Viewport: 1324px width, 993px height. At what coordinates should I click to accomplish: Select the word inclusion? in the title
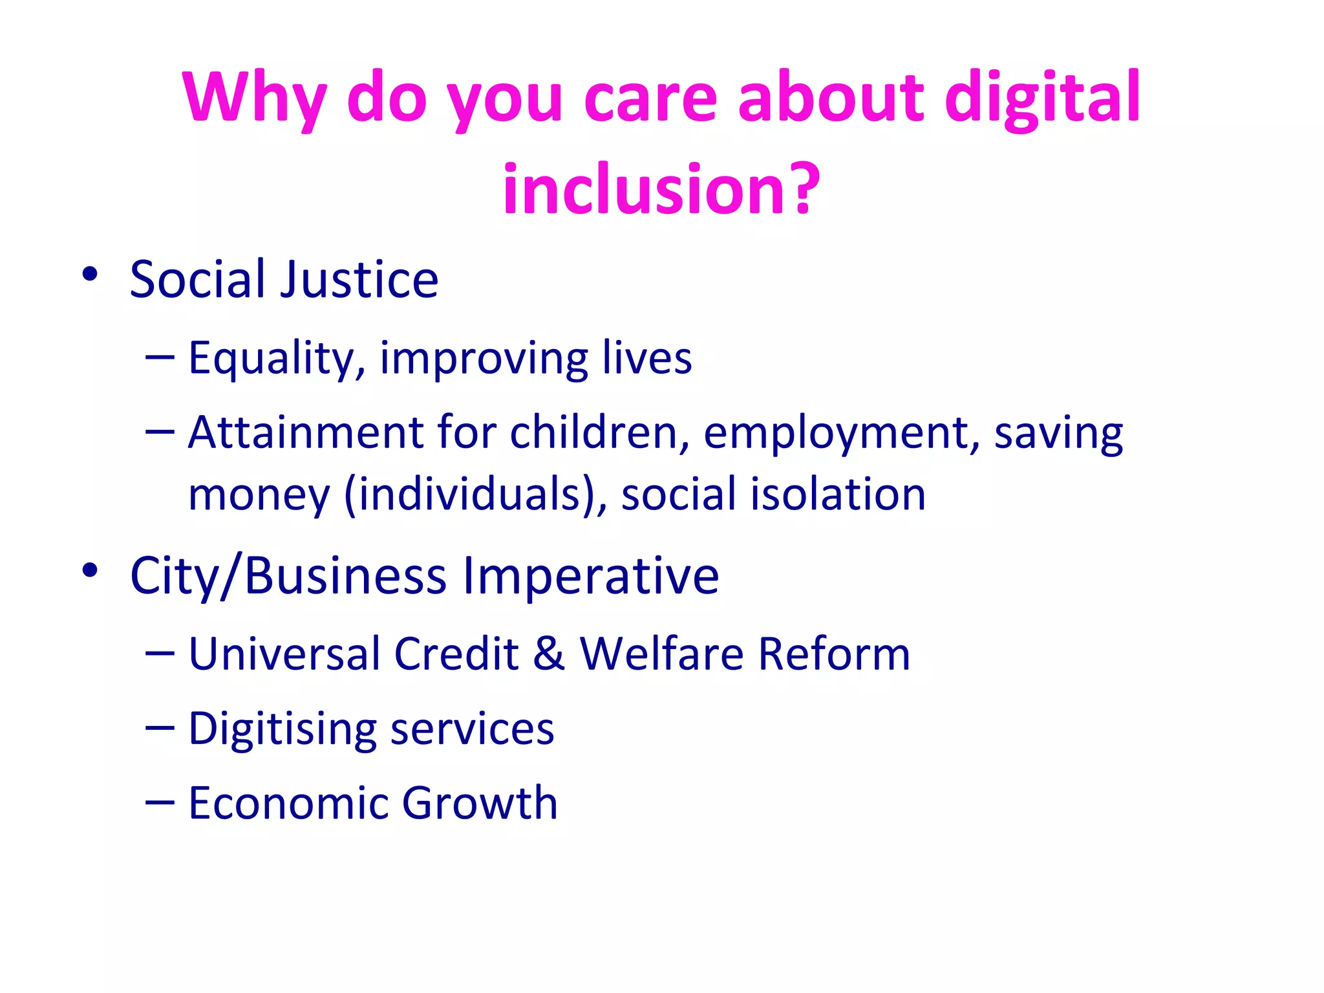[661, 189]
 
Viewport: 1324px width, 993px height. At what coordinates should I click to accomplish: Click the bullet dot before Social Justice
[90, 274]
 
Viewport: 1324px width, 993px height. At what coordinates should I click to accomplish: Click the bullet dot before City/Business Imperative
[90, 570]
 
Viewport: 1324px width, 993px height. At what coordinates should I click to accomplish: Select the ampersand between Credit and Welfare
[549, 654]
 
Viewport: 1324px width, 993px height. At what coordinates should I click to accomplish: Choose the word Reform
[833, 654]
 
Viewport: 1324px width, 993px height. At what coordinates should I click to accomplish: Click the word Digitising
[282, 729]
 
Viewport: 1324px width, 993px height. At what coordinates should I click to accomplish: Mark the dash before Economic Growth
[160, 802]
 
